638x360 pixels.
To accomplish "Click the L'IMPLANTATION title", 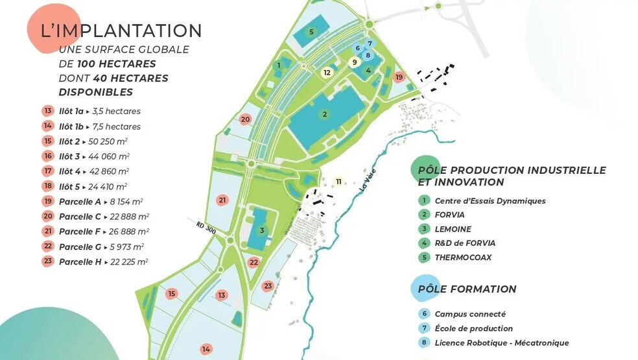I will (x=121, y=30).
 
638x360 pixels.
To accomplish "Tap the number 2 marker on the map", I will (x=324, y=114).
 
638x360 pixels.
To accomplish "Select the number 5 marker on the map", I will (x=311, y=32).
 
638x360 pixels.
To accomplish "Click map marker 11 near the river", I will (x=338, y=181).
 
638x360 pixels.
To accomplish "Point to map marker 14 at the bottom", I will (x=206, y=349).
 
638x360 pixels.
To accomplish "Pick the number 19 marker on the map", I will (x=399, y=77).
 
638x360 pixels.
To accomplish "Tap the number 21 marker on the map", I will (x=222, y=200).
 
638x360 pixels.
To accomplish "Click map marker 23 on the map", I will (x=268, y=285).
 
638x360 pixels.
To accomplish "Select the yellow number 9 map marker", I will (x=354, y=62).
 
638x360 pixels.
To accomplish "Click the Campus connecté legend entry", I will (x=470, y=314).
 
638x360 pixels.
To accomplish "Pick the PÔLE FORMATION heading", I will (x=467, y=289).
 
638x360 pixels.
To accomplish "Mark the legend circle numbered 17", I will (x=48, y=171).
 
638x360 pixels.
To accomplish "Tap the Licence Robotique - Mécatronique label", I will (x=501, y=342).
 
